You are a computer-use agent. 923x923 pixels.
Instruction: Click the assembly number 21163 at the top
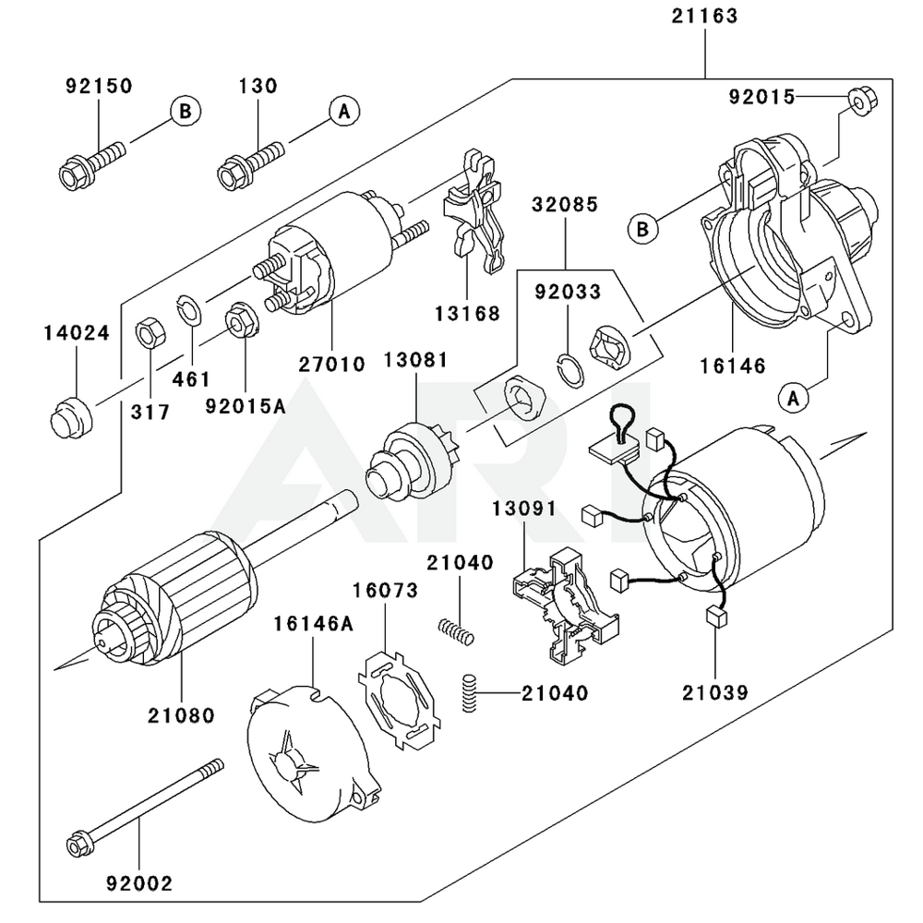tap(704, 17)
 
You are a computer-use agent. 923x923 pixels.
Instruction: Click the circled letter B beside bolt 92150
tap(185, 112)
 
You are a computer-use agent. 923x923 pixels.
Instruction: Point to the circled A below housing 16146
tap(791, 398)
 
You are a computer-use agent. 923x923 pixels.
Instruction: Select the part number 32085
tap(564, 205)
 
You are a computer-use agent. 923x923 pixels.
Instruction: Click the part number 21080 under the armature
tap(180, 714)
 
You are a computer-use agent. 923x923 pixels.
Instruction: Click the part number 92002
tap(139, 883)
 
